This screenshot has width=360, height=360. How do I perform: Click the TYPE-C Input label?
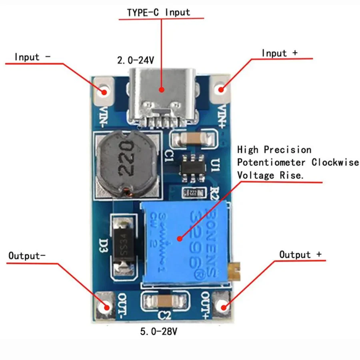click(x=158, y=12)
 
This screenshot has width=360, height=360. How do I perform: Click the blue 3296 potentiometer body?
click(x=180, y=244)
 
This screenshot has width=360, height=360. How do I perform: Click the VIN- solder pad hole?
click(x=105, y=90)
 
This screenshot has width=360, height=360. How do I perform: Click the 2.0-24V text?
click(x=135, y=61)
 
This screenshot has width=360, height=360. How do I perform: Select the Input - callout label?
click(x=32, y=57)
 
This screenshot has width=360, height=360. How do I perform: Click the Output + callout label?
click(x=300, y=255)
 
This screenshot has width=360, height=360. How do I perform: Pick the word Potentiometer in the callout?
click(x=272, y=162)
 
